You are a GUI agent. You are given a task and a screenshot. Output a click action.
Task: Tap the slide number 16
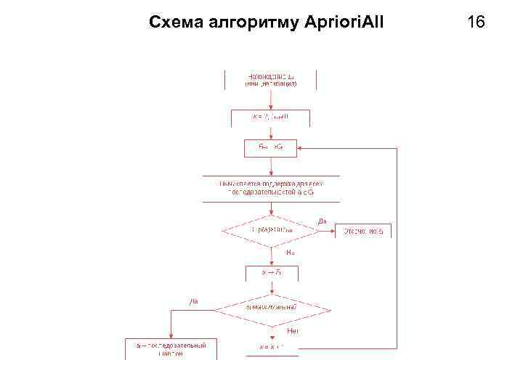476,23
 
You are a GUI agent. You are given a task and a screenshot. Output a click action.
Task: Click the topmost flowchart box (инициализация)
270,79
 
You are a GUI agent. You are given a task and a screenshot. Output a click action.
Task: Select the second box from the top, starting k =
270,116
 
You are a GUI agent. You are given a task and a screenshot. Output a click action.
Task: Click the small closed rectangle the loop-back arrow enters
270,147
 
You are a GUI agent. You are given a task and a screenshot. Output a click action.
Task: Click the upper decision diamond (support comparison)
270,231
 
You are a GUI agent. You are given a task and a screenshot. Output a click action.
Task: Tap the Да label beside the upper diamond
323,221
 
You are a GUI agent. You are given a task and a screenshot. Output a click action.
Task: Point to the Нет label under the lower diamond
293,331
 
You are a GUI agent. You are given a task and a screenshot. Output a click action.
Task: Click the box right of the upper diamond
362,231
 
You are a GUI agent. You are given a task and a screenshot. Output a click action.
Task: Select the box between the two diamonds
270,273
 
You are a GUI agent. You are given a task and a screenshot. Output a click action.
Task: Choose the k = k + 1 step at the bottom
270,347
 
